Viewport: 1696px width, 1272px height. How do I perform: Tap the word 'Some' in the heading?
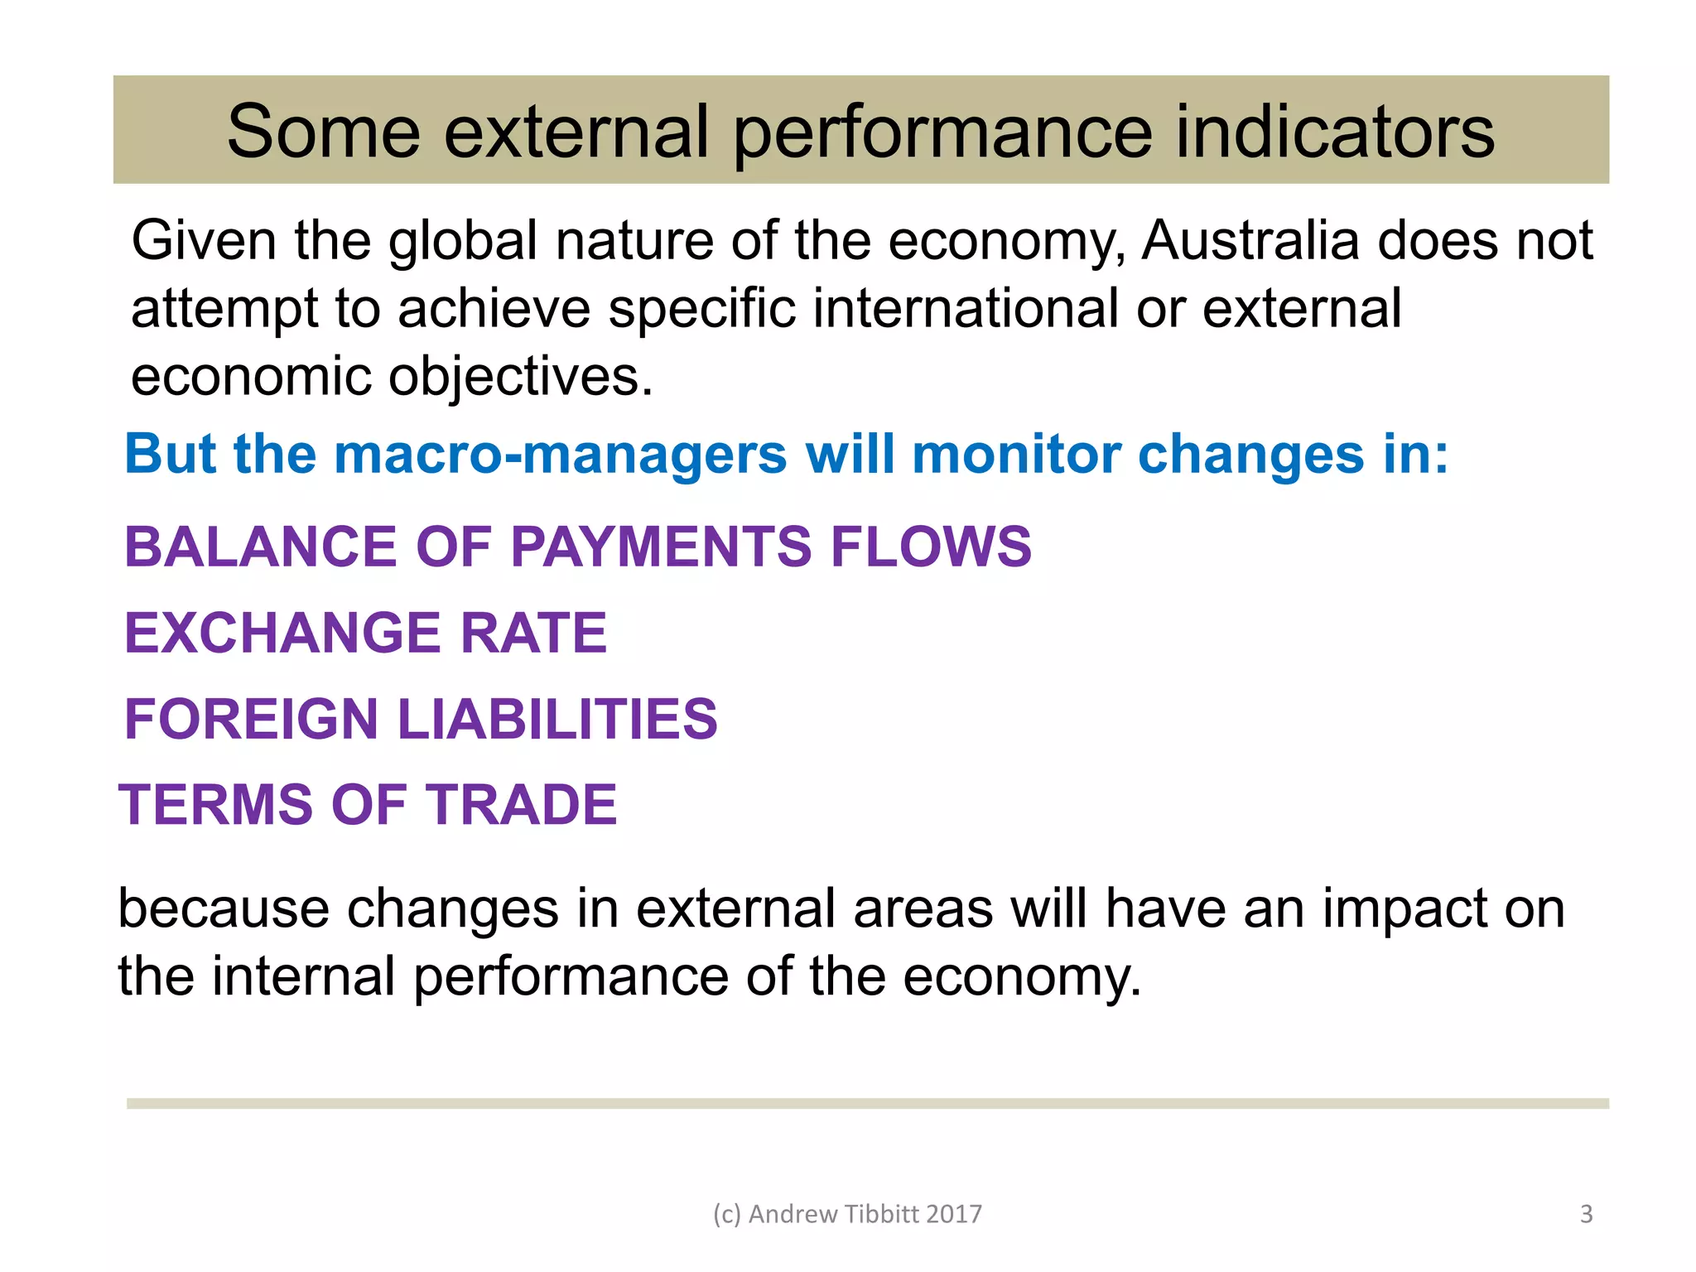pos(324,132)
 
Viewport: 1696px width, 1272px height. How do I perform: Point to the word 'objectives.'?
pos(521,378)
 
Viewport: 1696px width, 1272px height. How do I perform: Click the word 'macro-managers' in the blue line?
pos(561,455)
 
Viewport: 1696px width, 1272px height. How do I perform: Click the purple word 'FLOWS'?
pos(931,547)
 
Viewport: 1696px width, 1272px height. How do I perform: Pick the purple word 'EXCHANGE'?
pos(284,634)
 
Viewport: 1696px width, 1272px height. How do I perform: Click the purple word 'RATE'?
pos(533,634)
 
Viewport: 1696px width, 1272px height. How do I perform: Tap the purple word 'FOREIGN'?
pos(252,719)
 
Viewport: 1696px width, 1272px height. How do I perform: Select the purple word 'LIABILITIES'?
pos(557,719)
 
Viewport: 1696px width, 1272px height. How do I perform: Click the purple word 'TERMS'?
pos(215,805)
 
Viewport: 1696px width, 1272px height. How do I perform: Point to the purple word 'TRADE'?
pos(521,805)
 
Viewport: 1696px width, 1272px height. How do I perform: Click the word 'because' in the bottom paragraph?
pos(224,908)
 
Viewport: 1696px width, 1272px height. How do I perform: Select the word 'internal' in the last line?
pos(304,976)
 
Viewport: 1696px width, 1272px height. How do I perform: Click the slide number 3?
pos(1586,1214)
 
